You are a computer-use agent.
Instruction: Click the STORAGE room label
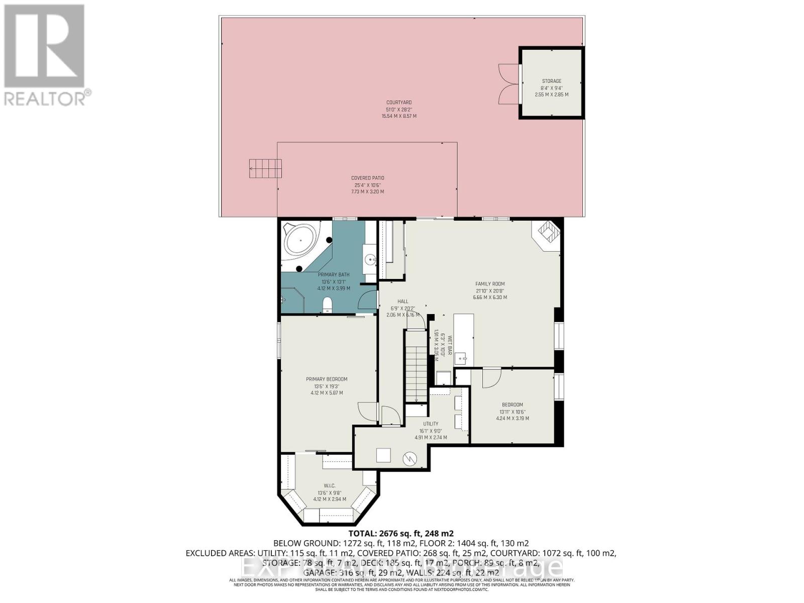tap(551, 81)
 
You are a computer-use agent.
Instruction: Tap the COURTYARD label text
tap(399, 103)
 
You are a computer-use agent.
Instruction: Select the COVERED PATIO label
tap(367, 178)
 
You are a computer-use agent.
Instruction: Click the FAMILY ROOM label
tap(490, 284)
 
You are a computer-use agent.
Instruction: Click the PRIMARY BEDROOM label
tap(327, 379)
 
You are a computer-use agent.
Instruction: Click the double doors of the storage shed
tap(507, 84)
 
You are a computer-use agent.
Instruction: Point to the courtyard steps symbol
tap(265, 168)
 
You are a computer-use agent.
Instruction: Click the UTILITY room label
tap(431, 424)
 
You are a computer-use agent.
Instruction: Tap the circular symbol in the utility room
tap(411, 458)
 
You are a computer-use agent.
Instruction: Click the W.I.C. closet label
tap(330, 485)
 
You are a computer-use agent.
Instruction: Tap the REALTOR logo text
tap(48, 97)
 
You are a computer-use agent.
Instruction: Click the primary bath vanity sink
tap(370, 260)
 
